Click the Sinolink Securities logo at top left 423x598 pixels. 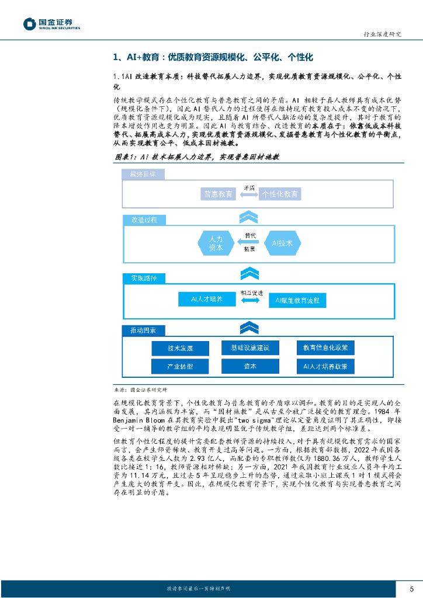51,24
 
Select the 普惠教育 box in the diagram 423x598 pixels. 217,194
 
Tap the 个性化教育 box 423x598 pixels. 280,194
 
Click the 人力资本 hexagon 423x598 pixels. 216,243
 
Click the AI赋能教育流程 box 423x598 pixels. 297,300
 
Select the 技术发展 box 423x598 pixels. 180,348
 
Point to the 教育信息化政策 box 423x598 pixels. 325,347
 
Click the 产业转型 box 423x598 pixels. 180,366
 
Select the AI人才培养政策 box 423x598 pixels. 325,366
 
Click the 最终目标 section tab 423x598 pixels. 143,174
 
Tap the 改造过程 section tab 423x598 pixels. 144,220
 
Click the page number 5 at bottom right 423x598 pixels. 411,588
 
